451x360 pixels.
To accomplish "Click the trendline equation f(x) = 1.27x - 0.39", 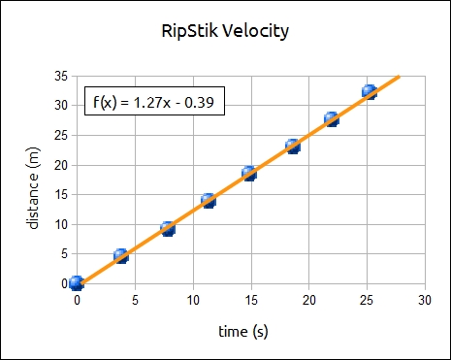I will click(155, 100).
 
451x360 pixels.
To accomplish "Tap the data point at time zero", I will click(77, 283).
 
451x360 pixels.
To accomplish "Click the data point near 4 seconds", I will click(121, 256).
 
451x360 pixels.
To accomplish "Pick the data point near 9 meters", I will click(168, 229).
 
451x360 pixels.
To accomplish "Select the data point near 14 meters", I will click(209, 201).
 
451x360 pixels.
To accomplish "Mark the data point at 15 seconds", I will click(249, 174).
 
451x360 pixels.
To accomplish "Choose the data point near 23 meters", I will click(293, 147).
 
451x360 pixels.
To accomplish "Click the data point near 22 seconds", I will click(332, 119).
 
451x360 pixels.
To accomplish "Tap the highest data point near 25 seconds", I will click(370, 91).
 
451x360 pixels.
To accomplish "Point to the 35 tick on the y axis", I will click(61, 76).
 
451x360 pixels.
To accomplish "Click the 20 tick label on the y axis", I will click(61, 165).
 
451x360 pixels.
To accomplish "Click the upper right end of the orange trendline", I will click(399, 76).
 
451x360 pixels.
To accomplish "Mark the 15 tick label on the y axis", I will click(61, 194).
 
